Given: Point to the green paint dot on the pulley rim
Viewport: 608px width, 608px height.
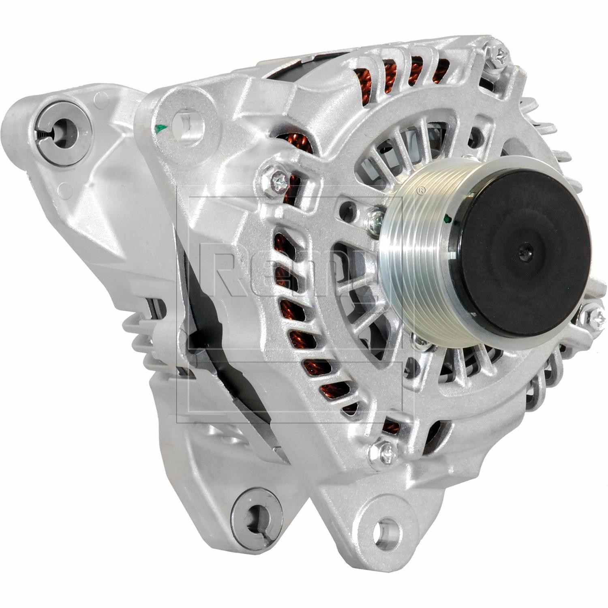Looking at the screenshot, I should click(446, 220).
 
